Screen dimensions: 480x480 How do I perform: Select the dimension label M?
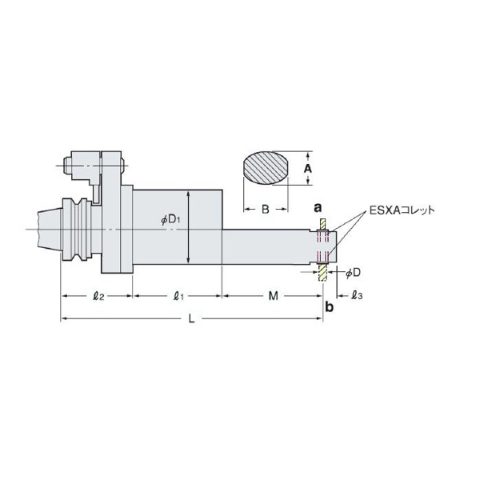[272, 296]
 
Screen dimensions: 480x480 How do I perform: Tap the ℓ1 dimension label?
[178, 296]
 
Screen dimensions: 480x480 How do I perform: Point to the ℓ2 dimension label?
[98, 296]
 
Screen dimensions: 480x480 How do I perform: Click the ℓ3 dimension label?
[357, 296]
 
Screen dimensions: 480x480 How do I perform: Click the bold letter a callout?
[318, 207]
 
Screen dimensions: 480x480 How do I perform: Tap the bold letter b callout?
[329, 307]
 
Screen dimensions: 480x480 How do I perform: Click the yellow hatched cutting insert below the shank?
[322, 273]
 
